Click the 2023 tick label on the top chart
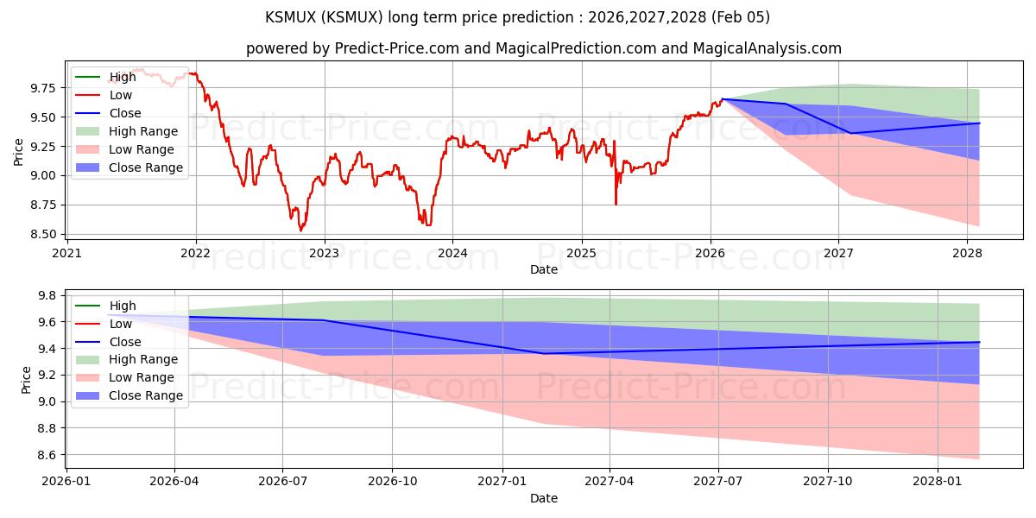(x=324, y=253)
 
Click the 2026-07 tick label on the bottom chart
(x=283, y=482)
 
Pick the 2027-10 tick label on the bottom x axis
(x=828, y=482)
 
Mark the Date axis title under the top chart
(x=544, y=269)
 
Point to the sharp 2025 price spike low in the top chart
(x=616, y=204)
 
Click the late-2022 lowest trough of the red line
(x=300, y=231)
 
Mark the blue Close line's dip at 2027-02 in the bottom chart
(x=544, y=353)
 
